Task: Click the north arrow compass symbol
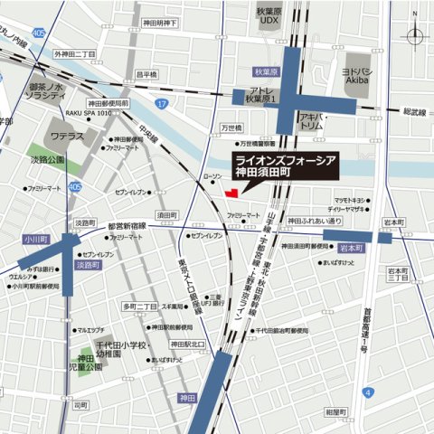coord(415,36)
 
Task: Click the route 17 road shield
coord(160,104)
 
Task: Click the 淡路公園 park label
coord(49,159)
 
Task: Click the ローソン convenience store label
coord(212,177)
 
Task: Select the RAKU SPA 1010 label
coord(90,114)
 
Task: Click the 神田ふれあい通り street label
coord(315,220)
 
